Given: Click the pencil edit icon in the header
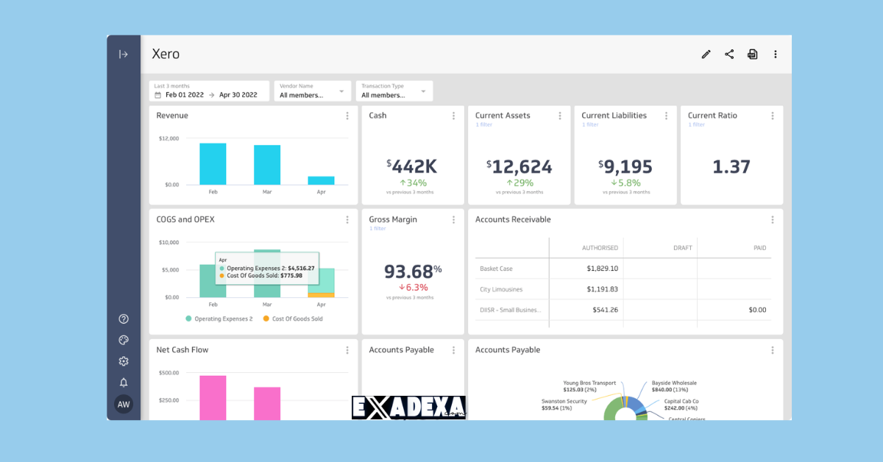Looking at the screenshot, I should point(706,54).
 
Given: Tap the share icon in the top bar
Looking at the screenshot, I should point(729,54).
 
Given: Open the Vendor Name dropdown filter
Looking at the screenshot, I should point(311,91).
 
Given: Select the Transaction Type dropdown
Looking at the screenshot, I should point(394,91).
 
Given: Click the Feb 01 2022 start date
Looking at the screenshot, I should point(184,95).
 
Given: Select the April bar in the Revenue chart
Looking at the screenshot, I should point(321,180).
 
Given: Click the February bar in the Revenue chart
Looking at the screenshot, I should point(213,164).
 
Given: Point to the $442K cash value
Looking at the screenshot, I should point(411,166).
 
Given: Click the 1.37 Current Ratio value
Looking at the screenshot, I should point(731,167).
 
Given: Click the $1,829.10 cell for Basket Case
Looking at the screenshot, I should point(602,269).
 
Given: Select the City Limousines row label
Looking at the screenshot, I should point(502,289).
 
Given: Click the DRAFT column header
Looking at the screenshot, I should point(682,248).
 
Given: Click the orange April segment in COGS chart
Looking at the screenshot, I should point(321,294).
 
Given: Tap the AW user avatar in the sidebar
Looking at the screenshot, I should point(124,404).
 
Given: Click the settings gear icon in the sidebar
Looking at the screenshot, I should point(124,361).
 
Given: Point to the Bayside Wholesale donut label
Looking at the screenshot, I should point(673,383).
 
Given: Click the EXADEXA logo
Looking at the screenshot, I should point(408,407).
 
